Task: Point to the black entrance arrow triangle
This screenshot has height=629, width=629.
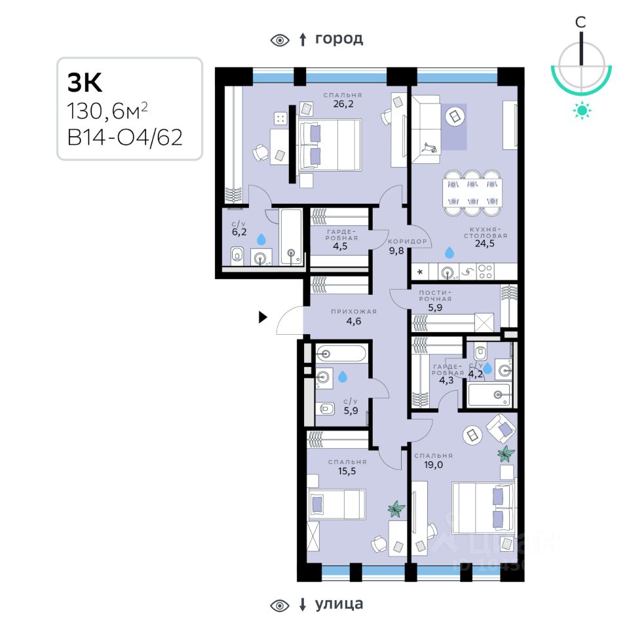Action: [263, 318]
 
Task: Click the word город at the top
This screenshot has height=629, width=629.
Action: [339, 39]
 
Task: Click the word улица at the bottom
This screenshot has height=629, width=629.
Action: [339, 603]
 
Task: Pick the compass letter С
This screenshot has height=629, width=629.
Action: [581, 22]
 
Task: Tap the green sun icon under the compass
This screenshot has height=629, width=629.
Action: [581, 110]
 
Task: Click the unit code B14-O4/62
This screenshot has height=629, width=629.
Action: [124, 138]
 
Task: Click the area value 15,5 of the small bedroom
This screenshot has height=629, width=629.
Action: [347, 471]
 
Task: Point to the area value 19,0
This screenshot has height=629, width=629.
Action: [433, 465]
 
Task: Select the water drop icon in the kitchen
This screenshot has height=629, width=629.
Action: [449, 252]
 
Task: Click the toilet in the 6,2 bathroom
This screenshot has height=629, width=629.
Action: [237, 256]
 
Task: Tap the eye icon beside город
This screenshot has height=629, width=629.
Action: [280, 40]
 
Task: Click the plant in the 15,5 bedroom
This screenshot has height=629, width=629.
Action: [395, 508]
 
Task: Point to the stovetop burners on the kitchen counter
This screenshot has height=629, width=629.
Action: [485, 271]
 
